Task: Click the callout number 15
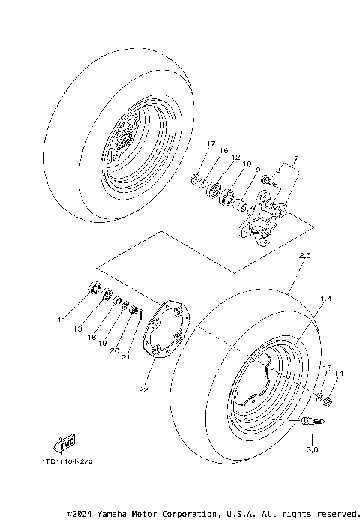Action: [326, 368]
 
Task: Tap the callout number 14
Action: [339, 373]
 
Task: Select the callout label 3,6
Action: [313, 450]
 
